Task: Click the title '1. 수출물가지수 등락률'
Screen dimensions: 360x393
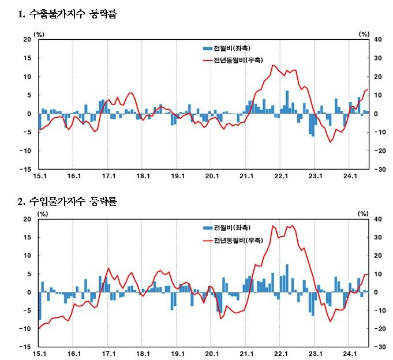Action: [x=68, y=14]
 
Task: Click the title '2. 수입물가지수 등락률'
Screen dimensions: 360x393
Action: [x=68, y=201]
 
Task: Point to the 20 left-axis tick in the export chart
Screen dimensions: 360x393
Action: [x=27, y=40]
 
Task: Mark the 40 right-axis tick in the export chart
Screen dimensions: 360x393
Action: [x=379, y=40]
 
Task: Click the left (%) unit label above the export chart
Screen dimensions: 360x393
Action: [x=39, y=34]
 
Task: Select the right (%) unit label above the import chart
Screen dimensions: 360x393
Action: [x=364, y=213]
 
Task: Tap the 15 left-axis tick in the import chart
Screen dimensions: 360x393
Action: [x=27, y=237]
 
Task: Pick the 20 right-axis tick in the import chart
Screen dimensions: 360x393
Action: [x=379, y=256]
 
